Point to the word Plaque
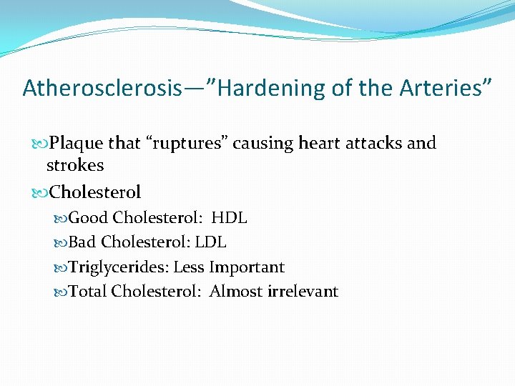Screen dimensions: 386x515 [76, 143]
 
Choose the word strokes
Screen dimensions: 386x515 [75, 165]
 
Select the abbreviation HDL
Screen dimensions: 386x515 [229, 218]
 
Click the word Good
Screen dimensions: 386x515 [88, 218]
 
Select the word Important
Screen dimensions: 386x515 [247, 267]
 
